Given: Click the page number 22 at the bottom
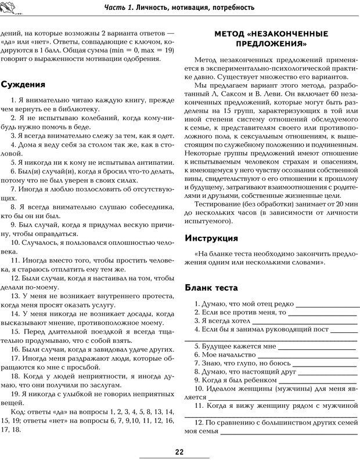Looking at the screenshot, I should (180, 452).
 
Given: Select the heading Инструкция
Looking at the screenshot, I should (211, 238).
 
